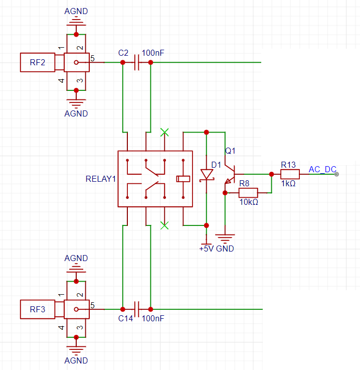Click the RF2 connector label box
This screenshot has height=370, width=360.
(x=38, y=62)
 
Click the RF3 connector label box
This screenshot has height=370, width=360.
(x=38, y=309)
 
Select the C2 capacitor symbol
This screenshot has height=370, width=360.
(x=137, y=62)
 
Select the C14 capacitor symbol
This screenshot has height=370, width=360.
(x=137, y=309)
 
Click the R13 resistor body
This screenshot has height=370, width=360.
(x=290, y=174)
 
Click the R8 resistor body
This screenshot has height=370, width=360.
(x=248, y=193)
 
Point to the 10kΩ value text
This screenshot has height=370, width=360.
(x=249, y=202)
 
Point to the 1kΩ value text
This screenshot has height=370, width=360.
(x=288, y=184)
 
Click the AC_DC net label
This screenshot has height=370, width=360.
(x=322, y=169)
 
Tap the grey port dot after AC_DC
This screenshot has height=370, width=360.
(x=336, y=174)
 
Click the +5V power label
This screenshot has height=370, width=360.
(x=207, y=249)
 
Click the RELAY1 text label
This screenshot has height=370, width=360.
(x=101, y=179)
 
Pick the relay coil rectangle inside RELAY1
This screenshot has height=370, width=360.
(x=183, y=179)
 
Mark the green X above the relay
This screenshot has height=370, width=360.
(x=164, y=133)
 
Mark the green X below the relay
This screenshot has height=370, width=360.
(x=164, y=225)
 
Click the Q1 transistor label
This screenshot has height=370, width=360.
(x=230, y=151)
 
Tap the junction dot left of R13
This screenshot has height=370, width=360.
(x=271, y=174)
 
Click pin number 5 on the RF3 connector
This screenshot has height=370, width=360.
(x=92, y=305)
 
